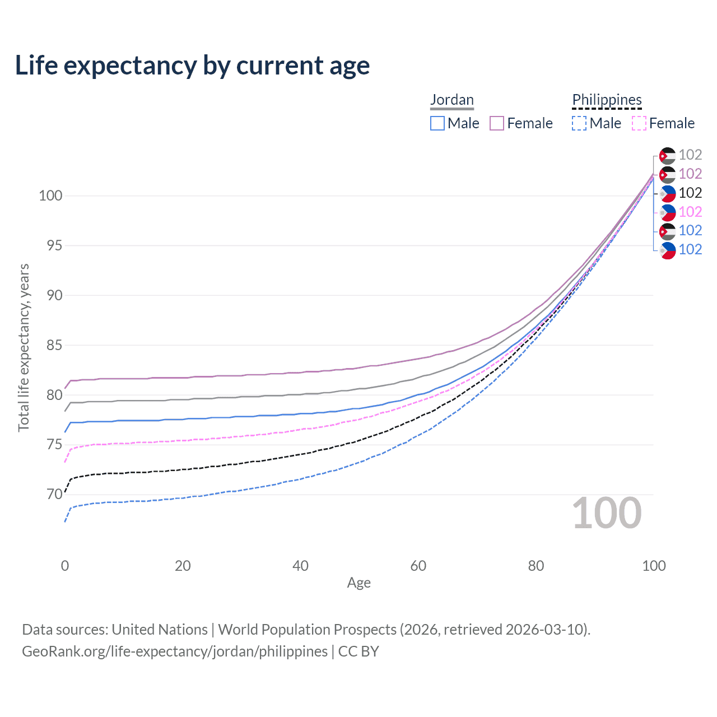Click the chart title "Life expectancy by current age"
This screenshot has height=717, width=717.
pos(192,66)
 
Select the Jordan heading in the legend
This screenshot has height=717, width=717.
pos(452,100)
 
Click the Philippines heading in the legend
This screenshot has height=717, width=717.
pos(607,100)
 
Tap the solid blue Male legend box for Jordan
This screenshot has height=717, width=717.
pos(437,123)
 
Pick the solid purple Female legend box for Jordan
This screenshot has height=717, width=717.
pos(497,123)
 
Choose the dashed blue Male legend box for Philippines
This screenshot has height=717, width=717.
pos(579,123)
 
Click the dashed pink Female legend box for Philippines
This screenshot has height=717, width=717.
pos(639,123)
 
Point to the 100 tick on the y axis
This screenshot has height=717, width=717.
pos(50,196)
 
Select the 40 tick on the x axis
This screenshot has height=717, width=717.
pos(301,566)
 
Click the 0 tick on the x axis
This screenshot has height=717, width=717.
pos(65,566)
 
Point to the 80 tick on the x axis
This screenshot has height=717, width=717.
pos(536,566)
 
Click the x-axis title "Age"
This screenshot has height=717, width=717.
pos(359,583)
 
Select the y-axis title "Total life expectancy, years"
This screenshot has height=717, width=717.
pos(24,348)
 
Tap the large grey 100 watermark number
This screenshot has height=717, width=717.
pos(607,513)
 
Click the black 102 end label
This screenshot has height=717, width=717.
pos(690,193)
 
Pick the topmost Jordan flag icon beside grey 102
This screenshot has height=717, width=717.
pos(667,155)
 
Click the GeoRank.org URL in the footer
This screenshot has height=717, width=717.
pos(175,651)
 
